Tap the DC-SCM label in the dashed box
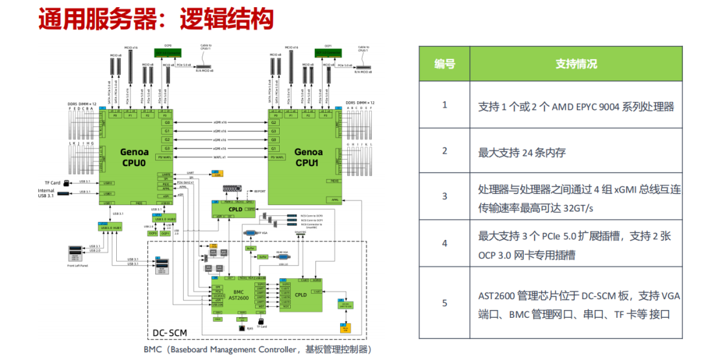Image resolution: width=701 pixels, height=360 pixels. coord(169,333)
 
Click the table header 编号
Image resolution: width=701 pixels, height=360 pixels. coord(445,64)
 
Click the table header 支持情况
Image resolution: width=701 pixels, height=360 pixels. coord(576,64)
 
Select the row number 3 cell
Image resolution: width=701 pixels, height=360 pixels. coord(445,196)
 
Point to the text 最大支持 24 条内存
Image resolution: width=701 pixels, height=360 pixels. coord(522,152)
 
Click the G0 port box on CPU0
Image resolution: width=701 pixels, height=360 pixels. coord(167,123)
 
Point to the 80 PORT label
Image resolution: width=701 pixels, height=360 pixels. coord(260,191)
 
